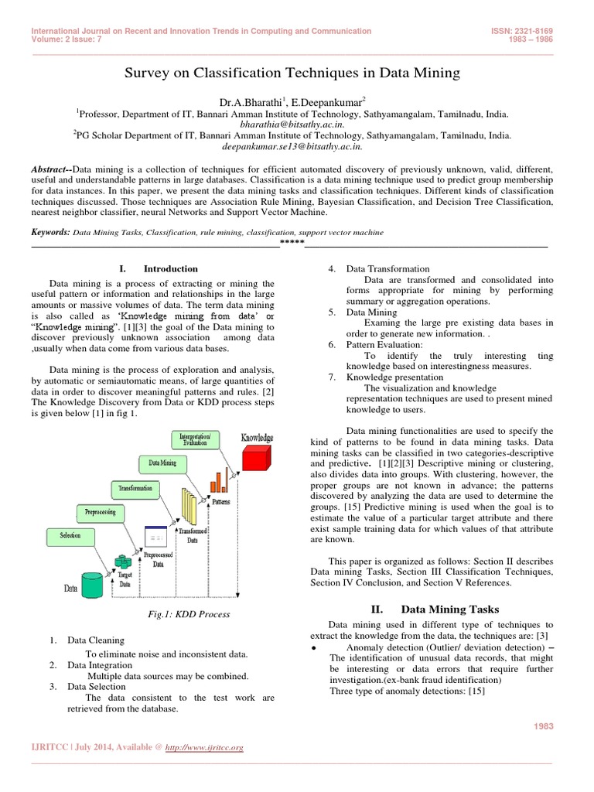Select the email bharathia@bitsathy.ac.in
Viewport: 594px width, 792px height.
292,123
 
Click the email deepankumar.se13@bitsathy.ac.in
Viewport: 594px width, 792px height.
292,145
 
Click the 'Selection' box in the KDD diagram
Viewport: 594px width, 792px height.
69,535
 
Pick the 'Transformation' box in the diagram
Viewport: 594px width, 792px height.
135,489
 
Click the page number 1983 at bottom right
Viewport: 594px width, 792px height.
544,725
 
